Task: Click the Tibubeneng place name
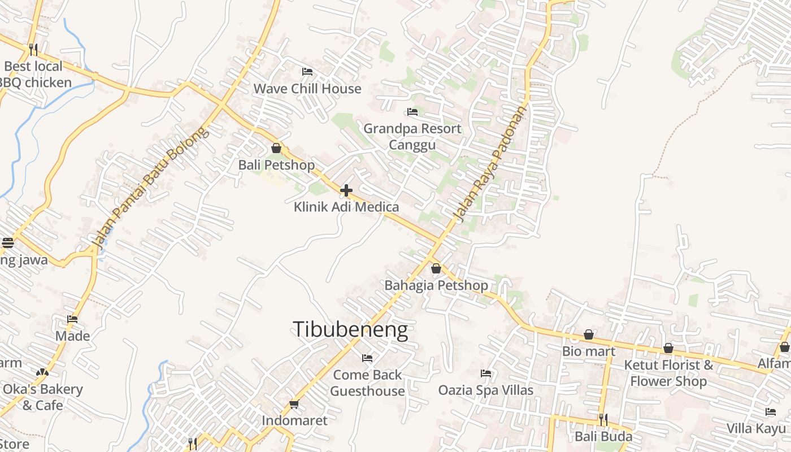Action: coord(350,329)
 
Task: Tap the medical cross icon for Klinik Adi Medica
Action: coord(346,190)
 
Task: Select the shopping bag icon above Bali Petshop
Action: coord(276,148)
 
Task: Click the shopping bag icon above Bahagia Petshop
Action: coord(436,268)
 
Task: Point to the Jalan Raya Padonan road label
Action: coord(491,163)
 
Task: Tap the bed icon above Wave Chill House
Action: coord(307,72)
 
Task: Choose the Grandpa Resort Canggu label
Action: coord(412,137)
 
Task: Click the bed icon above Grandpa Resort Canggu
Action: coord(412,112)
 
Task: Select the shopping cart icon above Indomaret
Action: coord(294,404)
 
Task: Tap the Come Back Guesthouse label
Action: coord(367,383)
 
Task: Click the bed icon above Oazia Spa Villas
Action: coord(485,373)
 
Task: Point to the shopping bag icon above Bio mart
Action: coord(589,334)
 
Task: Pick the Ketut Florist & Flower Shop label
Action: coord(668,373)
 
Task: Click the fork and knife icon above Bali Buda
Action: coord(603,419)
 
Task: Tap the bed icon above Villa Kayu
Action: coord(771,411)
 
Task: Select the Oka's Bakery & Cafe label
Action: coord(43,397)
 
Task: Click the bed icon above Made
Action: coord(72,319)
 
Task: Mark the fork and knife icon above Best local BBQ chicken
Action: coord(33,50)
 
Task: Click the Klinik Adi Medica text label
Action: coord(346,207)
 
